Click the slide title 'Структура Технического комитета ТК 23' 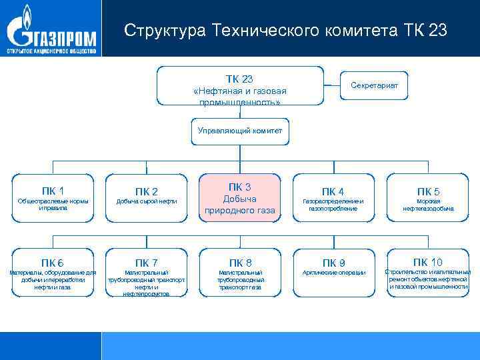(x=286, y=31)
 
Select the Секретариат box (x=374, y=84)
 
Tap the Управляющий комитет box (x=240, y=131)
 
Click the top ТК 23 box (x=239, y=85)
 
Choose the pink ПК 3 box (x=239, y=199)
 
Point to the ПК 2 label (x=147, y=192)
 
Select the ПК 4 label (x=333, y=192)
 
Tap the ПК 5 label (x=429, y=192)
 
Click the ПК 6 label (x=53, y=261)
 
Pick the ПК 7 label (x=147, y=262)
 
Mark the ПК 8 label (x=240, y=262)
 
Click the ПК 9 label (x=333, y=262)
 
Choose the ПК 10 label (x=428, y=261)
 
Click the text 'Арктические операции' (x=333, y=273)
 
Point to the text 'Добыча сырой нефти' (x=147, y=201)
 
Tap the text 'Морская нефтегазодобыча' (x=429, y=205)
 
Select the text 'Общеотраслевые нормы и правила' (x=53, y=204)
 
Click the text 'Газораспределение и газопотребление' (x=333, y=205)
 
